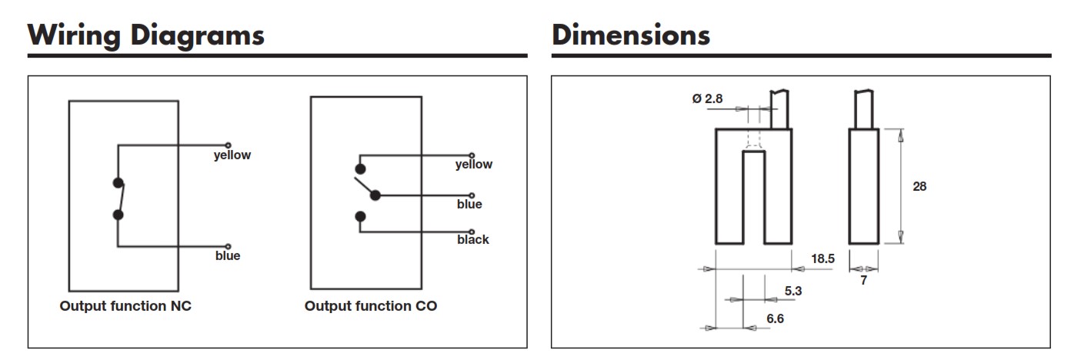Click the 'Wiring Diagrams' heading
146,36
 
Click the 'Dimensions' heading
631,35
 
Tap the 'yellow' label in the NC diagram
232,155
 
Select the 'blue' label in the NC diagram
228,256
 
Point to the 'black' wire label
473,239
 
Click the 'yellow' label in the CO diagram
474,165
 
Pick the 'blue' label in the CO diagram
469,204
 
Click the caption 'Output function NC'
125,306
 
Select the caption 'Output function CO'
371,306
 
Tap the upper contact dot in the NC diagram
118,182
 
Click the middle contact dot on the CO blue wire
375,195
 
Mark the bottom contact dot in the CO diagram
361,217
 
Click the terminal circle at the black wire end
472,232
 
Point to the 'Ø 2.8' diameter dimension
707,99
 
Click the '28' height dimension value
919,186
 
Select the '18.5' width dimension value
822,258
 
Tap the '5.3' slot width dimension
793,291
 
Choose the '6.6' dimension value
775,318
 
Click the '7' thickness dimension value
863,281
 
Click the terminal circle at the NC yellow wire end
228,145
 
